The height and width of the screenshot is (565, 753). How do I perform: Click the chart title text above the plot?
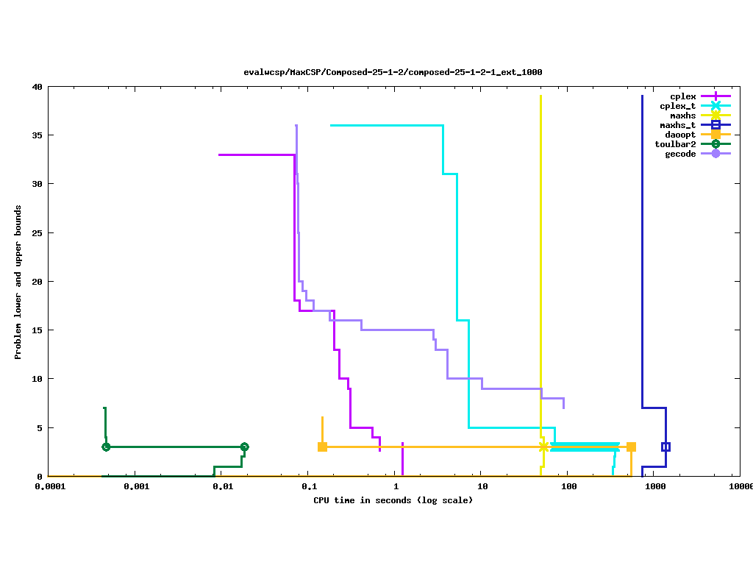coord(393,72)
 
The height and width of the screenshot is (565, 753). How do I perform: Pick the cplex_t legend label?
coord(677,106)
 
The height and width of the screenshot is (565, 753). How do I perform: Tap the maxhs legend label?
coord(682,116)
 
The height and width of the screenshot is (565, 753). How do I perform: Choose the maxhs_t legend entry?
coord(677,125)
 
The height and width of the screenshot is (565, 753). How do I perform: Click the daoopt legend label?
coord(680,135)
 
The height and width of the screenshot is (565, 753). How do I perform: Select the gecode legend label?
coord(680,154)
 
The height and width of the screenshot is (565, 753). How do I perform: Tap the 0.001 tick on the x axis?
coord(136,487)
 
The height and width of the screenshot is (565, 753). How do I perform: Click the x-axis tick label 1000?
coord(654,487)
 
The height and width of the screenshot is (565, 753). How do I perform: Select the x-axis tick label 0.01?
coord(223,487)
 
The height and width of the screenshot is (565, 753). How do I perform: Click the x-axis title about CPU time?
coord(393,500)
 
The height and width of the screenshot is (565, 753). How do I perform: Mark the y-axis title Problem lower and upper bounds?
coord(18,282)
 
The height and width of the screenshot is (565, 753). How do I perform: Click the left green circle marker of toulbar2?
coord(106,447)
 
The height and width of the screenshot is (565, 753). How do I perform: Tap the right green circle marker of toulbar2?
coord(244,447)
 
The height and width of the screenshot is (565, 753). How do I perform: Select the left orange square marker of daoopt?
coord(322,447)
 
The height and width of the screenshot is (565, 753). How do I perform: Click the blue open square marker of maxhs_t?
coord(665,447)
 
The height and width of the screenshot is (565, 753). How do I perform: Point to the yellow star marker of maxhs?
coord(543,447)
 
